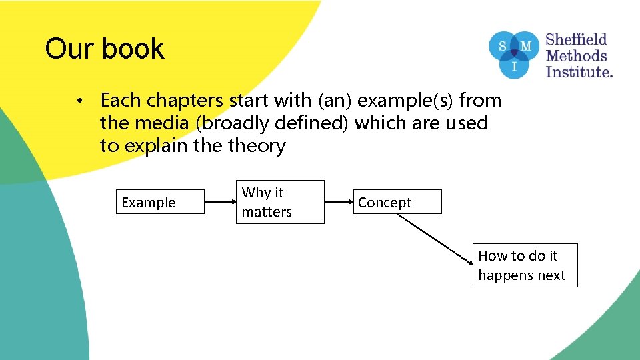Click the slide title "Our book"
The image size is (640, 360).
[105, 49]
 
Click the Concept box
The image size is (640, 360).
[397, 202]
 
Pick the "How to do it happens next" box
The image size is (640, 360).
[525, 265]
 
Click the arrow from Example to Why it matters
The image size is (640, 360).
[220, 202]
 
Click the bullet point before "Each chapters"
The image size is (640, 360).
[79, 101]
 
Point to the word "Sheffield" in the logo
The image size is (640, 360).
[576, 39]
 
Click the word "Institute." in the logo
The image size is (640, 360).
[579, 71]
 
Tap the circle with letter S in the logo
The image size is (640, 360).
[502, 46]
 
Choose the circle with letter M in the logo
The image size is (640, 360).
[526, 46]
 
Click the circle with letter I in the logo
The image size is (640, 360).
[514, 67]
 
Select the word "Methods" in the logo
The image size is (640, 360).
[576, 55]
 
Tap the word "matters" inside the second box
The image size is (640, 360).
[267, 212]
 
